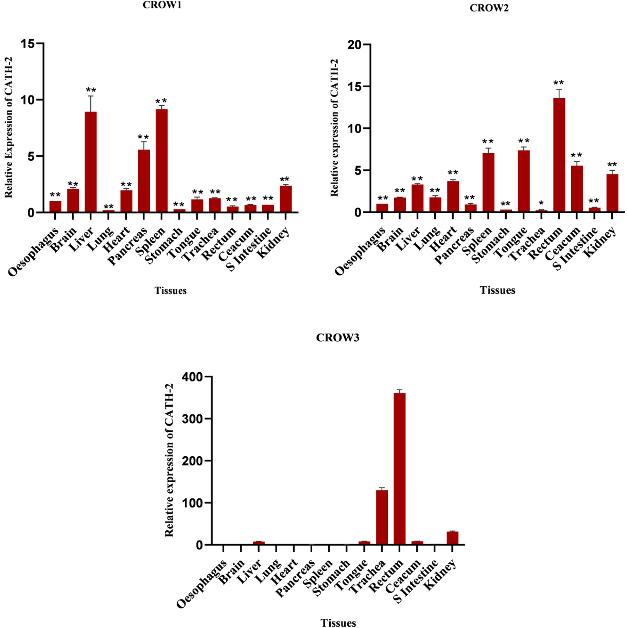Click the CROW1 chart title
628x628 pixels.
coord(162,5)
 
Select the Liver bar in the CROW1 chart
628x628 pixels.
coord(91,162)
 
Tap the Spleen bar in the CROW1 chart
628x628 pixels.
coord(162,161)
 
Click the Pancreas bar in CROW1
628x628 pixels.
coord(144,181)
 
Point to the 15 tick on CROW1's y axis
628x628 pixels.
coord(28,44)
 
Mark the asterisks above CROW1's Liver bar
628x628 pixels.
coord(91,90)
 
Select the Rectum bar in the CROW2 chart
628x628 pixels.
coord(559,155)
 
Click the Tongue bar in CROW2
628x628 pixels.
coord(524,181)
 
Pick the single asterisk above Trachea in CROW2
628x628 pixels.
coord(541,203)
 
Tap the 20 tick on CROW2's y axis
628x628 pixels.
coord(355,45)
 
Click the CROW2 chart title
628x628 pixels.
coord(489,8)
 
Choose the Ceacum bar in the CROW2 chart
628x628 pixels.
coord(577,189)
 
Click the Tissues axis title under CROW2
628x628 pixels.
coord(497,290)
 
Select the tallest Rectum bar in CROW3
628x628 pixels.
coord(400,469)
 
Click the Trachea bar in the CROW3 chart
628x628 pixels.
coord(382,517)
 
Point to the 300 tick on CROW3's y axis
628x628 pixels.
coord(192,419)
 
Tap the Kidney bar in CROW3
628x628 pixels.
coord(452,538)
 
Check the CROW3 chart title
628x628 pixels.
coord(337,337)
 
